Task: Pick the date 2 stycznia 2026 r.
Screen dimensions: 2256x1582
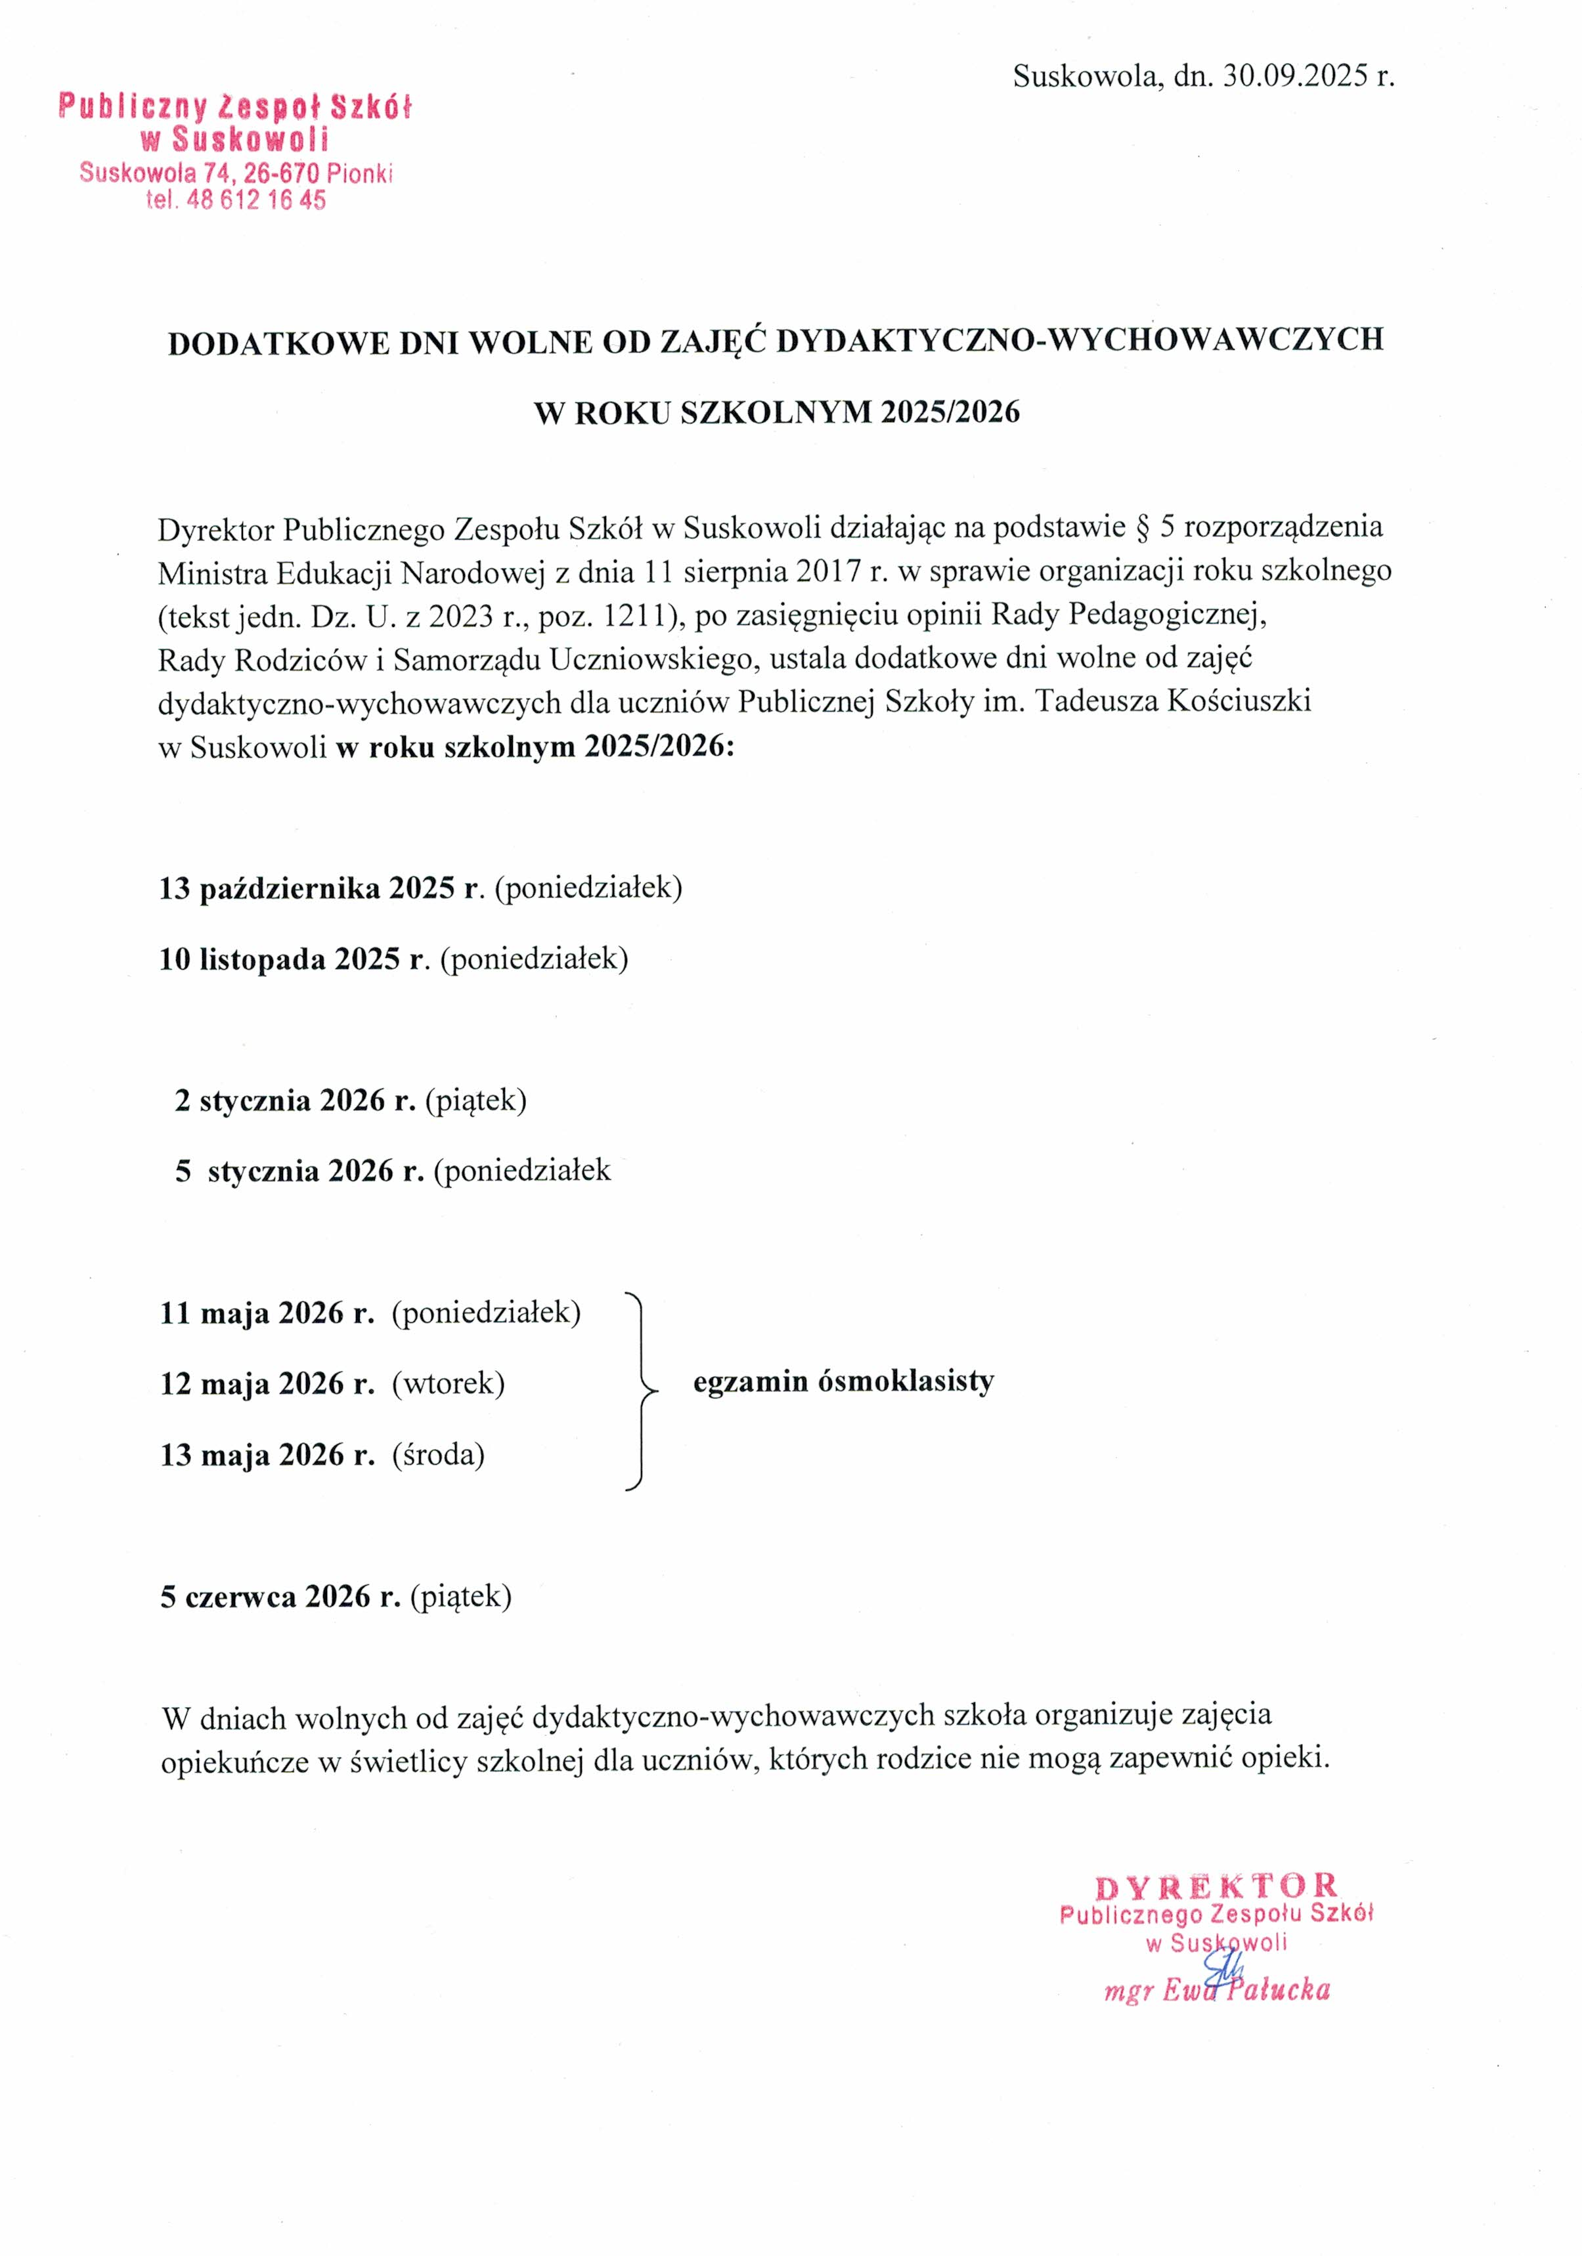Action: pyautogui.click(x=295, y=1100)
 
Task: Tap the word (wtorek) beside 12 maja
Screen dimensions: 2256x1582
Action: pyautogui.click(x=448, y=1383)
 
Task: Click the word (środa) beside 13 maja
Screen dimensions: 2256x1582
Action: pyautogui.click(x=438, y=1454)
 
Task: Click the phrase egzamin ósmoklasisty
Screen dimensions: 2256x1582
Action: pyautogui.click(x=843, y=1381)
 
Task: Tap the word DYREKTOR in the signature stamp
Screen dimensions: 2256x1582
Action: pyautogui.click(x=1216, y=1888)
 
